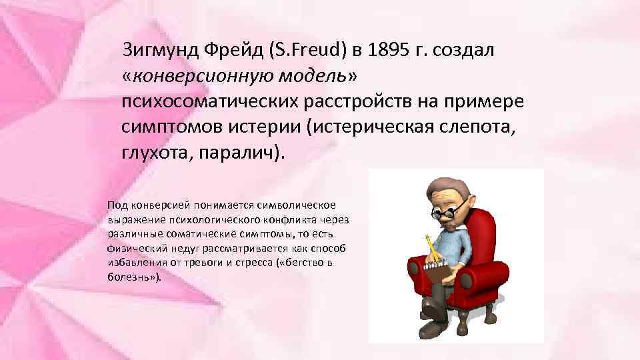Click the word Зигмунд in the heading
(x=163, y=51)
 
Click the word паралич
(x=239, y=151)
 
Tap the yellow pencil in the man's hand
(x=431, y=247)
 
